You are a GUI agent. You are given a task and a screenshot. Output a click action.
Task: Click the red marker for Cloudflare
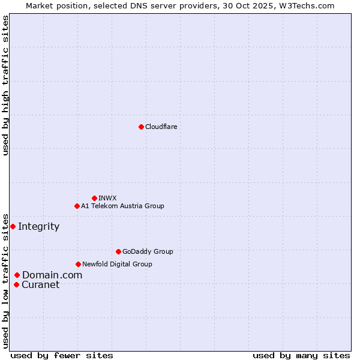[x=141, y=127]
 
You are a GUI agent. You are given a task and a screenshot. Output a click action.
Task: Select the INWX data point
[x=94, y=198]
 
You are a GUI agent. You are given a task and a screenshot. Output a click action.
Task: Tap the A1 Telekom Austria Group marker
[x=77, y=206]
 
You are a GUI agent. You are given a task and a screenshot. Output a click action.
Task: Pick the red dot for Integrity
[x=13, y=226]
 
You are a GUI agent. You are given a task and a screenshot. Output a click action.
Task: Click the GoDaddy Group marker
[x=118, y=251]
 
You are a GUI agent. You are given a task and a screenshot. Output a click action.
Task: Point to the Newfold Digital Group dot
[x=78, y=264]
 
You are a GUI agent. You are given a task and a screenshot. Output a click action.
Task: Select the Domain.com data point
[x=17, y=275]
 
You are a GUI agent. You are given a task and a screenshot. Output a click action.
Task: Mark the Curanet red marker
[x=16, y=284]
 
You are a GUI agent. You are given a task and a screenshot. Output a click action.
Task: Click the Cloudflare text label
[x=161, y=127]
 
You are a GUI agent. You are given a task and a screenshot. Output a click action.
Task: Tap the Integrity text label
[x=38, y=226]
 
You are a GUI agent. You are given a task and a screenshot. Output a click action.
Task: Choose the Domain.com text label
[x=52, y=275]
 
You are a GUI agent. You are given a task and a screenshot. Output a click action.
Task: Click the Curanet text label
[x=40, y=284]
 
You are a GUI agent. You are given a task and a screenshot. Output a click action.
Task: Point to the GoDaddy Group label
[x=147, y=251]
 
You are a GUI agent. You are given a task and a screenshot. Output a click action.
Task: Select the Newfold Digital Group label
[x=117, y=264]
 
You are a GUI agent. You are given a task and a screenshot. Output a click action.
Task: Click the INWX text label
[x=107, y=198]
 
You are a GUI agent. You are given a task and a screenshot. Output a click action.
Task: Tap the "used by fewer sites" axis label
[x=62, y=355]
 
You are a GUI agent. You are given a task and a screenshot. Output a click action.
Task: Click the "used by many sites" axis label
[x=301, y=355]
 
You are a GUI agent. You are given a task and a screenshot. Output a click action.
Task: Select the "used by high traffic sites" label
[x=6, y=86]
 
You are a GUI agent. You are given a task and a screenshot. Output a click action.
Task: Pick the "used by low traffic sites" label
[x=6, y=280]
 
